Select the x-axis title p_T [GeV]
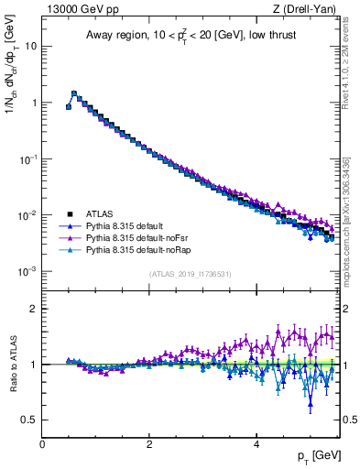coord(314,456)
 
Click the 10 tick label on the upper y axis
coord(30,46)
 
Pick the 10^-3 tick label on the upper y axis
coord(27,272)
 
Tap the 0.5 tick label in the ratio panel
coord(30,420)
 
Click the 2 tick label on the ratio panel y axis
coord(34,309)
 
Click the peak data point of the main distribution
coord(74,93)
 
